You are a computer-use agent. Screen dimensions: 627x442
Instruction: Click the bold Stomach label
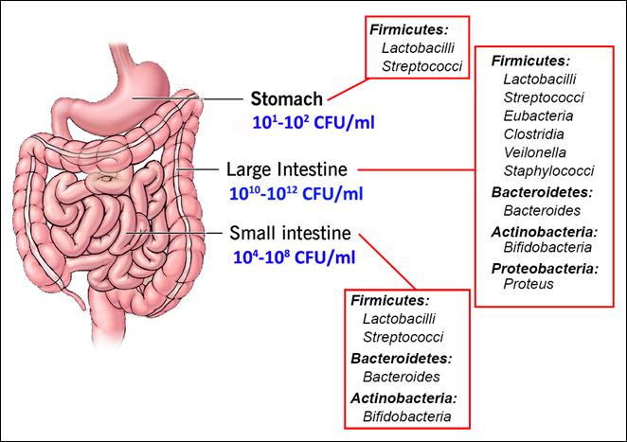[286, 98]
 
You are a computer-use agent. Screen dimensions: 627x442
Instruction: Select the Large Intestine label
[287, 169]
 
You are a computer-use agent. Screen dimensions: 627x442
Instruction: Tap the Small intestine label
[290, 233]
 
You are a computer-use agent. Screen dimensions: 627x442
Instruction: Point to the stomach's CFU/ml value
[313, 122]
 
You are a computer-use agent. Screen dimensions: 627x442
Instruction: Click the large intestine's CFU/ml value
[296, 193]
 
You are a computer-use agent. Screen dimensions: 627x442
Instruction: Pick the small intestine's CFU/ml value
[294, 257]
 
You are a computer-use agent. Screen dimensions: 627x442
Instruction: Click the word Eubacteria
[538, 115]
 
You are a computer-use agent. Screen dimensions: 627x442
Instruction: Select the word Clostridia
[533, 134]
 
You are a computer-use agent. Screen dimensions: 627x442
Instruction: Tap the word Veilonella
[534, 152]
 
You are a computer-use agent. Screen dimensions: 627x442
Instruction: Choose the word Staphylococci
[548, 171]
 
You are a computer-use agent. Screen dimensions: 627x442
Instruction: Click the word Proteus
[528, 284]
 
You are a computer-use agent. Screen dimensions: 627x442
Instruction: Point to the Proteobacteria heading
[545, 269]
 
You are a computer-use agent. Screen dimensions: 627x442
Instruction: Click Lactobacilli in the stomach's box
[418, 48]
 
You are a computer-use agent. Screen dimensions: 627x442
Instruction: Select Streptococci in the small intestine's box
[403, 337]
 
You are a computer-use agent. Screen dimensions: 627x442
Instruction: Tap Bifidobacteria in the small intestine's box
[407, 416]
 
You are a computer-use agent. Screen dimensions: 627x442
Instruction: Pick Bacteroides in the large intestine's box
[542, 211]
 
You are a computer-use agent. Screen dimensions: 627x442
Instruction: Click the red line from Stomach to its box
[348, 89]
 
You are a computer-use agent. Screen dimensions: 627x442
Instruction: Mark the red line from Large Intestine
[417, 169]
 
